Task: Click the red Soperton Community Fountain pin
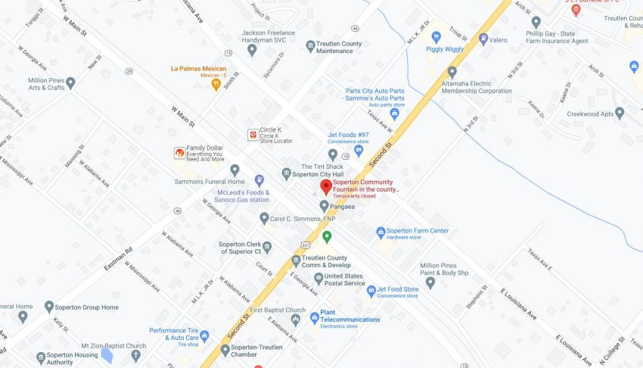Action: point(326,186)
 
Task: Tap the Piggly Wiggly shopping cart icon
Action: point(436,36)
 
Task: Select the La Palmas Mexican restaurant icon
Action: point(216,84)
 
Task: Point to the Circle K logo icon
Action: point(253,135)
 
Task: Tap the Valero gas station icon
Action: point(483,39)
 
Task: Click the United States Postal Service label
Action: point(344,279)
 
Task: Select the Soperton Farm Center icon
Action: point(381,232)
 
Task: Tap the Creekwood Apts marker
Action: point(619,114)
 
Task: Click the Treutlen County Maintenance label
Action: point(339,47)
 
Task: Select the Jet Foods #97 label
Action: point(347,136)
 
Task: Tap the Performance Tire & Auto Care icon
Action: point(204,335)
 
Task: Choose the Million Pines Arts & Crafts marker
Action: point(70,83)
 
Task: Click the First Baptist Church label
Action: point(278,310)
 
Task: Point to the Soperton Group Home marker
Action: point(49,307)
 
